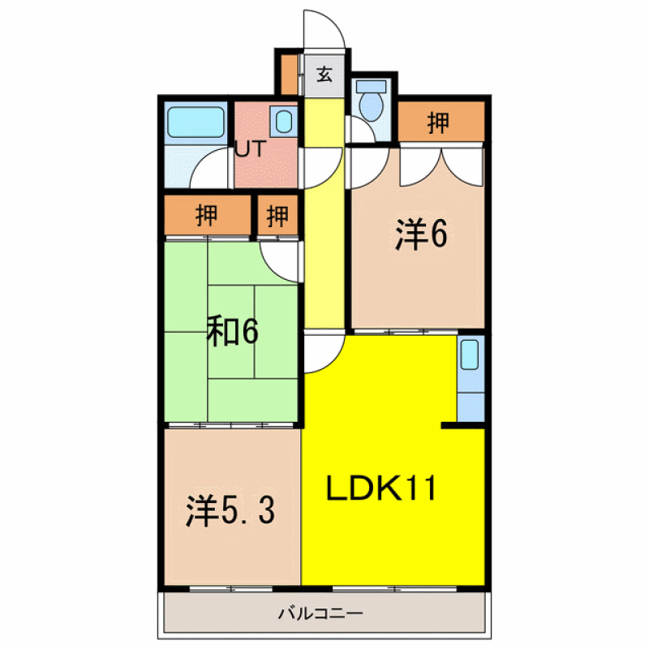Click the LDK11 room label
click(x=381, y=488)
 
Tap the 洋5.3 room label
click(x=230, y=511)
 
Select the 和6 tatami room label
click(x=233, y=331)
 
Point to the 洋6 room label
click(x=421, y=234)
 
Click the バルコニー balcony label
click(x=320, y=612)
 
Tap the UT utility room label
click(x=250, y=149)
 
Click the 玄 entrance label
click(x=324, y=75)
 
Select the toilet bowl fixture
click(x=372, y=106)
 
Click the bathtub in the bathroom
click(x=196, y=122)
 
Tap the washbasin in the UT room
click(x=284, y=122)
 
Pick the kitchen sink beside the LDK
click(x=470, y=355)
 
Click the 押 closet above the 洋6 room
click(x=441, y=122)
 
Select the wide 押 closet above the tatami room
click(x=207, y=215)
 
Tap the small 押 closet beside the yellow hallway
click(x=277, y=215)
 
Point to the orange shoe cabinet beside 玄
click(x=289, y=74)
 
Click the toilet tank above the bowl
click(x=372, y=86)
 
